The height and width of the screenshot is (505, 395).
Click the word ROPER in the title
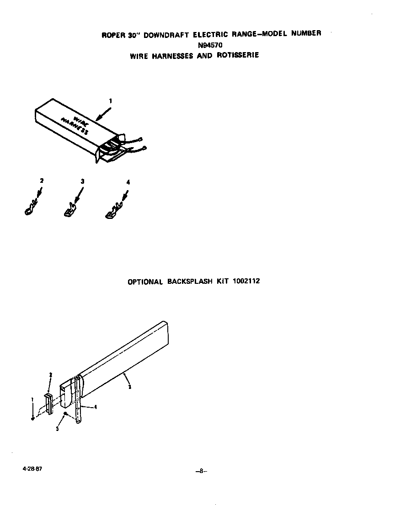coord(111,36)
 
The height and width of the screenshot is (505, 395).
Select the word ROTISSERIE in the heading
coord(238,55)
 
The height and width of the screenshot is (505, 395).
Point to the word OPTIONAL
coord(145,282)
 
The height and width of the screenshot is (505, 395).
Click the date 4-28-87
coord(29,469)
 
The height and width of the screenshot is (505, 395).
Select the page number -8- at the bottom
coord(201,472)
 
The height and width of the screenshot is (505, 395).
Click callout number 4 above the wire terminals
coord(128,182)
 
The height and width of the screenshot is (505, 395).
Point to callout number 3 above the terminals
coord(82,181)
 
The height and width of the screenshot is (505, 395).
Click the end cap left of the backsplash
coord(48,403)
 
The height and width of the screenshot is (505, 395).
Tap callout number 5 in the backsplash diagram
coord(57,429)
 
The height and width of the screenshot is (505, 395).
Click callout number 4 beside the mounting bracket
coord(95,406)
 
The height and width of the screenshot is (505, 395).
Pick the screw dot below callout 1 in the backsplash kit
coord(33,418)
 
